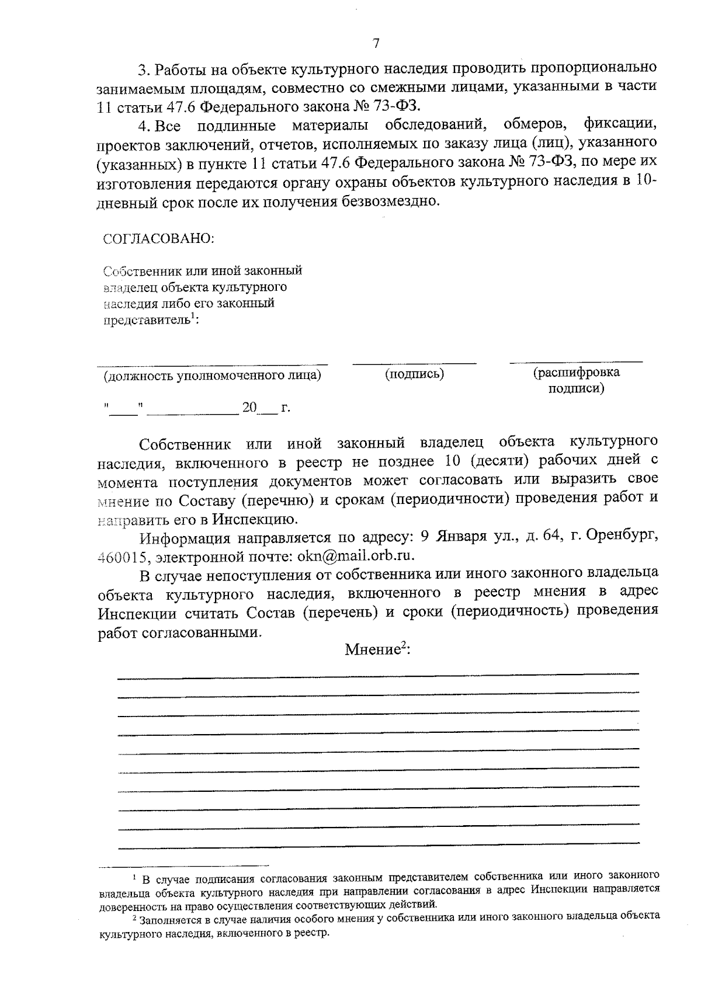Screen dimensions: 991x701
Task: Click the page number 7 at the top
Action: [376, 43]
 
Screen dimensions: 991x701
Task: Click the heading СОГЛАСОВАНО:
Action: [158, 239]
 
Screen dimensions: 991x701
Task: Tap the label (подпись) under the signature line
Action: [414, 374]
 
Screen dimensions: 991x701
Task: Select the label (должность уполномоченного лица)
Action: [212, 375]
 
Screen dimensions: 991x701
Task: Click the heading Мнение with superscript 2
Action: [377, 650]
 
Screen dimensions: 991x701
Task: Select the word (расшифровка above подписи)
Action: [576, 373]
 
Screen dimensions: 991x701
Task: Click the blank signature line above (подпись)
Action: [414, 364]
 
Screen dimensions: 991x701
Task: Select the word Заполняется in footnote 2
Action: [168, 919]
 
